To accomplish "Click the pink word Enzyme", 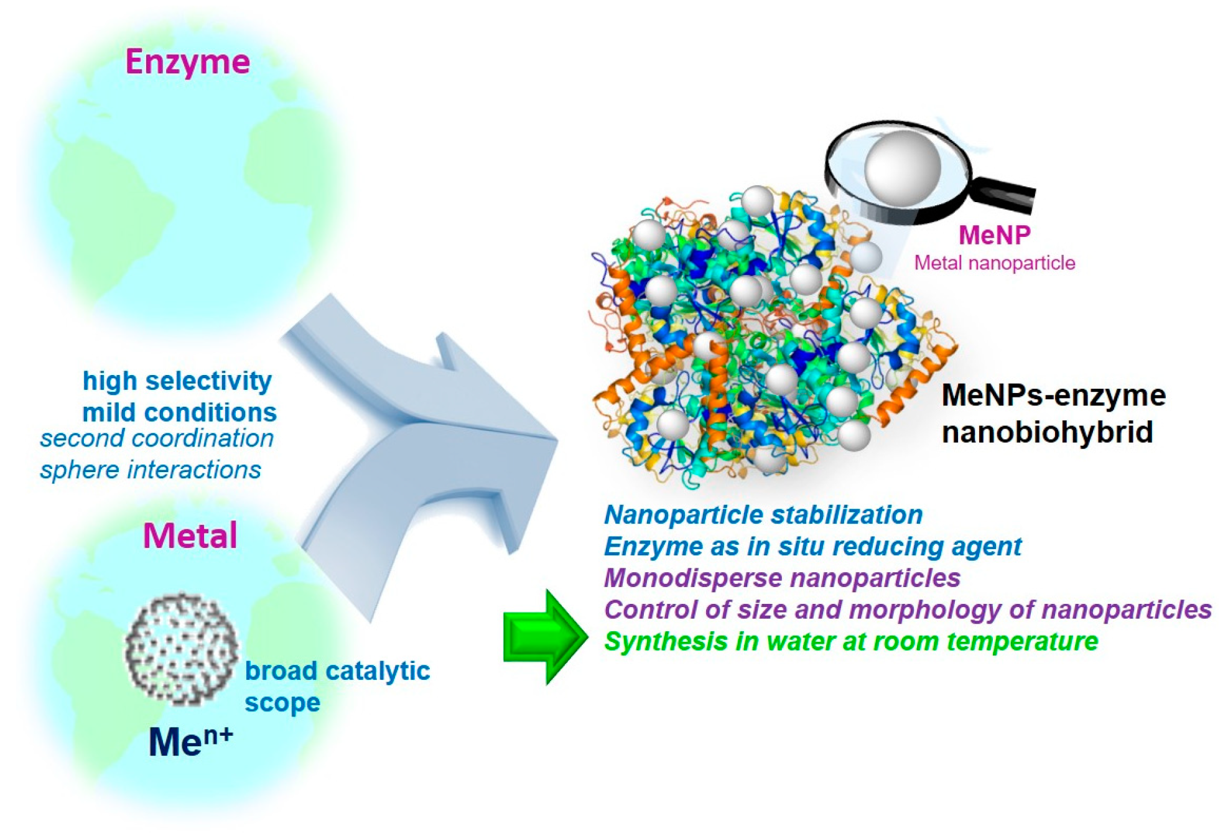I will (x=187, y=62).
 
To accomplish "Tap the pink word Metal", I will (x=190, y=535).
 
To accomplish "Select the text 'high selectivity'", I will (x=177, y=381).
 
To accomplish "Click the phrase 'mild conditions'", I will (x=179, y=412).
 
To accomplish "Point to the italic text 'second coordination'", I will (x=157, y=438).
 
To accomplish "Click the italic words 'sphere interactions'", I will (x=151, y=470).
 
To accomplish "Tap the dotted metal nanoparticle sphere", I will (x=181, y=649).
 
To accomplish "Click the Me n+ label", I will (x=190, y=741).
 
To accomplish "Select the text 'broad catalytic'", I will (x=337, y=671).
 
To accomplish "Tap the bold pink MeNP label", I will (x=994, y=236).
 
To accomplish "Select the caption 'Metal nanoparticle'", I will (x=994, y=263).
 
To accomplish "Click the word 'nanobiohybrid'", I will (x=1047, y=432).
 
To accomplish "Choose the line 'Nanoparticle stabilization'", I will (x=763, y=515).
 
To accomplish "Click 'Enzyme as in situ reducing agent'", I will (x=812, y=547).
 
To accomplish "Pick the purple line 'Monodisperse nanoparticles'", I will (x=782, y=578).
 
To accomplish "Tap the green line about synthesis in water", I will (x=851, y=642).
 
